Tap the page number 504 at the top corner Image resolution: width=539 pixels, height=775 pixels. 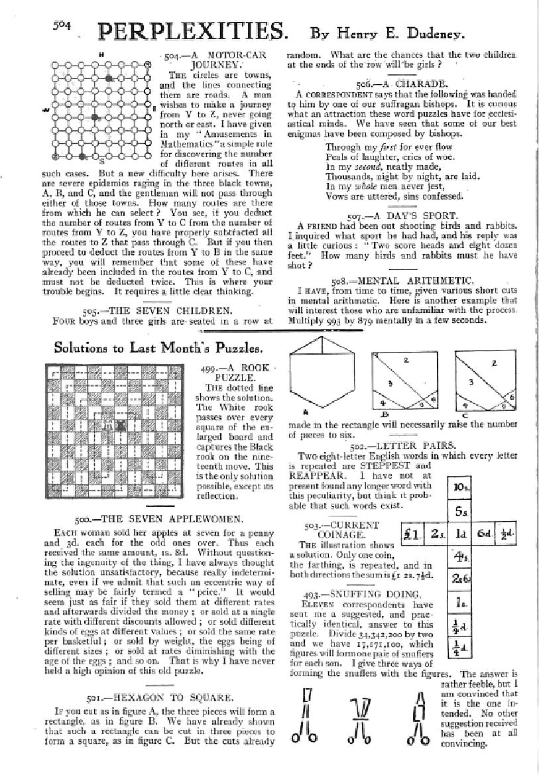tap(62, 25)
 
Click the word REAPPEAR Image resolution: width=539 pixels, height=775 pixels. tap(316, 475)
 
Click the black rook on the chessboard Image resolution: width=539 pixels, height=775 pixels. tap(121, 425)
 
